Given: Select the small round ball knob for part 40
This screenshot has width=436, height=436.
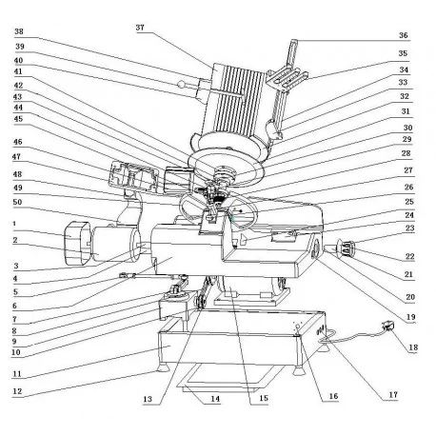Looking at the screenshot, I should [181, 84].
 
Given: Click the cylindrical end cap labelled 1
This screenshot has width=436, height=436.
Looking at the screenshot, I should [77, 247].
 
